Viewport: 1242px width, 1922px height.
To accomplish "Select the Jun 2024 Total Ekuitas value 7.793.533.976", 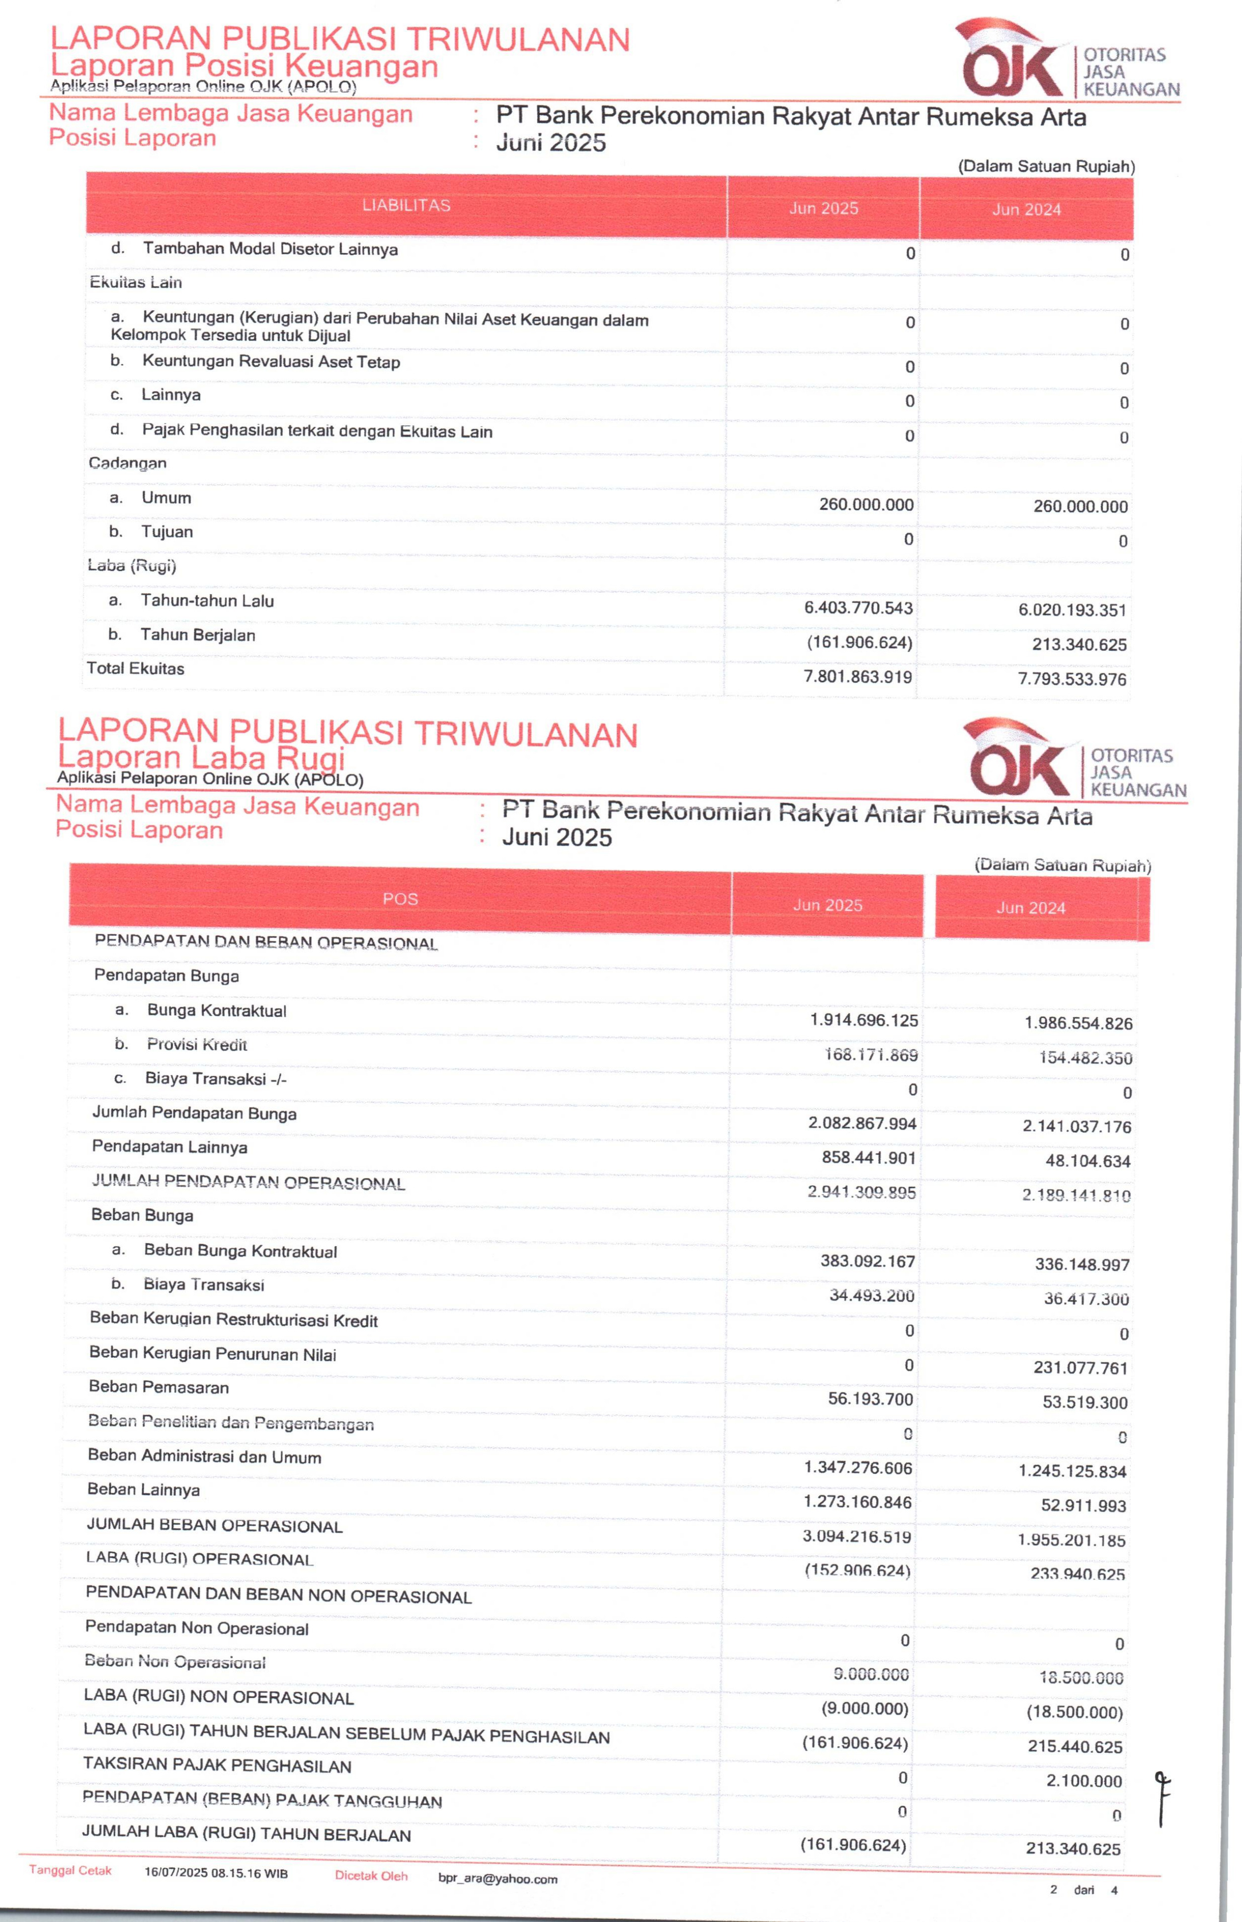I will click(1072, 679).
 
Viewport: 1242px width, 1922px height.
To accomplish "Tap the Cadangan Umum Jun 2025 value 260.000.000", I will click(866, 505).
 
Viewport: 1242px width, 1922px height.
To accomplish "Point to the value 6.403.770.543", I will click(858, 608).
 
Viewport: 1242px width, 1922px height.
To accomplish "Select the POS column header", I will click(400, 899).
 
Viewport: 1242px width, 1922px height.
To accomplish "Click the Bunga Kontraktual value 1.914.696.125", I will click(864, 1020).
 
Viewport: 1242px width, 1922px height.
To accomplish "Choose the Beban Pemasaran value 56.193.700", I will click(870, 1399).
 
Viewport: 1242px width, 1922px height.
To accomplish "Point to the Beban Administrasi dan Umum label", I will click(204, 1457).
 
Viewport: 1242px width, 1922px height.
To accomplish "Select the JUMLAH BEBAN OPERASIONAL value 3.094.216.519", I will click(857, 1537).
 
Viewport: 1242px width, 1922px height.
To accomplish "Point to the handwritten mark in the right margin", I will click(1162, 1797).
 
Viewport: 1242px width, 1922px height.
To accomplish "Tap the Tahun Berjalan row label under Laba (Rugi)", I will click(198, 635).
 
